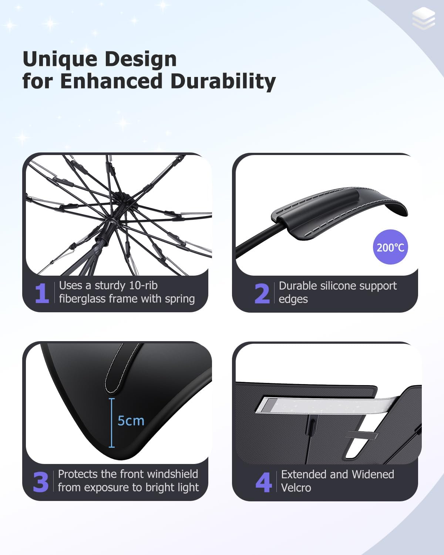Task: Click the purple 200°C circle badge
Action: click(390, 247)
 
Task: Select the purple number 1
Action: click(42, 293)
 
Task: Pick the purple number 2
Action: click(262, 294)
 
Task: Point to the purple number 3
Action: click(41, 482)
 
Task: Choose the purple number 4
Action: click(263, 482)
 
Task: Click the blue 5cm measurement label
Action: click(131, 421)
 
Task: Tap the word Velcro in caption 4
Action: click(296, 488)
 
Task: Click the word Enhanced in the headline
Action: click(111, 81)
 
